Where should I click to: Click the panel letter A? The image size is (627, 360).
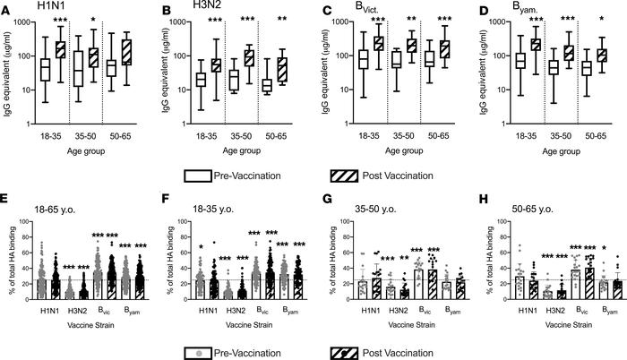tap(7, 8)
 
